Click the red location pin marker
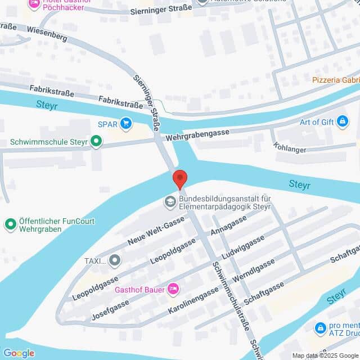(x=179, y=178)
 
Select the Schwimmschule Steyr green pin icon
(x=97, y=142)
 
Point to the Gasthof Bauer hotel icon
(x=173, y=290)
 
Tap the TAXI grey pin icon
(x=115, y=260)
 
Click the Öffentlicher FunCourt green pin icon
(x=10, y=225)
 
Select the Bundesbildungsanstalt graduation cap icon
(x=169, y=201)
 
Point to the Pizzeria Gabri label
(x=336, y=80)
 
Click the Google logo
(x=19, y=353)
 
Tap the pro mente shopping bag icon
(x=321, y=327)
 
